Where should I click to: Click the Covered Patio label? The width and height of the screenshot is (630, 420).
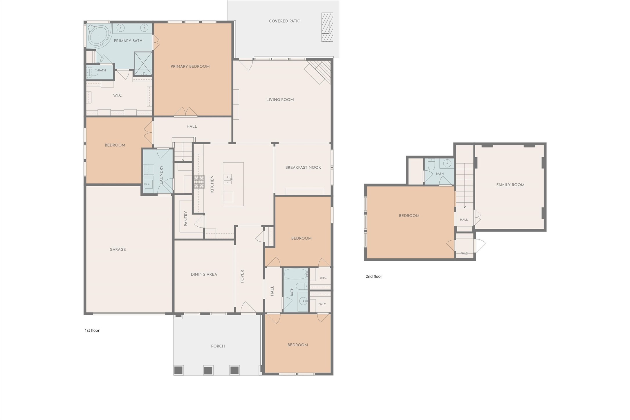(x=285, y=21)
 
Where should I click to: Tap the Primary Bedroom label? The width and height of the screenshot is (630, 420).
(x=190, y=66)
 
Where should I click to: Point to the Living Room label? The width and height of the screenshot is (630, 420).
(x=280, y=100)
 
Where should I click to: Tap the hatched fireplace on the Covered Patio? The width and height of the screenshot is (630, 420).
(x=327, y=27)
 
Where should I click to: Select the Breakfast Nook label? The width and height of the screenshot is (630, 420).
(x=303, y=167)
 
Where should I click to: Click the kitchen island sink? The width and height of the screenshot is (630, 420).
(x=228, y=179)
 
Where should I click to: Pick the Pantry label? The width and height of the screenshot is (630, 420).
(x=186, y=219)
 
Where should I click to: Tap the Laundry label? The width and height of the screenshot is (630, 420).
(x=161, y=175)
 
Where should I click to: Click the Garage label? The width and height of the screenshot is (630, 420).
(x=118, y=249)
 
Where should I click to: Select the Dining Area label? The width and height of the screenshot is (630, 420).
(x=204, y=274)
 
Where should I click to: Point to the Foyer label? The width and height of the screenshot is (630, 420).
(x=242, y=276)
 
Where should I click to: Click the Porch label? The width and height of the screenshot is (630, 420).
(x=218, y=346)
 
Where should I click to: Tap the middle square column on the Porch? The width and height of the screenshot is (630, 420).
(x=208, y=370)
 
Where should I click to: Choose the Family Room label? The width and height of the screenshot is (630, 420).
(x=510, y=185)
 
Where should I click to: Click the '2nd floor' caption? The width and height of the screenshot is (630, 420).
(x=374, y=276)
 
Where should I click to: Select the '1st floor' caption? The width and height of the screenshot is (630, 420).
(x=92, y=330)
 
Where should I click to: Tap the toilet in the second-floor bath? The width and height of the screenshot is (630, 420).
(x=431, y=164)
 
